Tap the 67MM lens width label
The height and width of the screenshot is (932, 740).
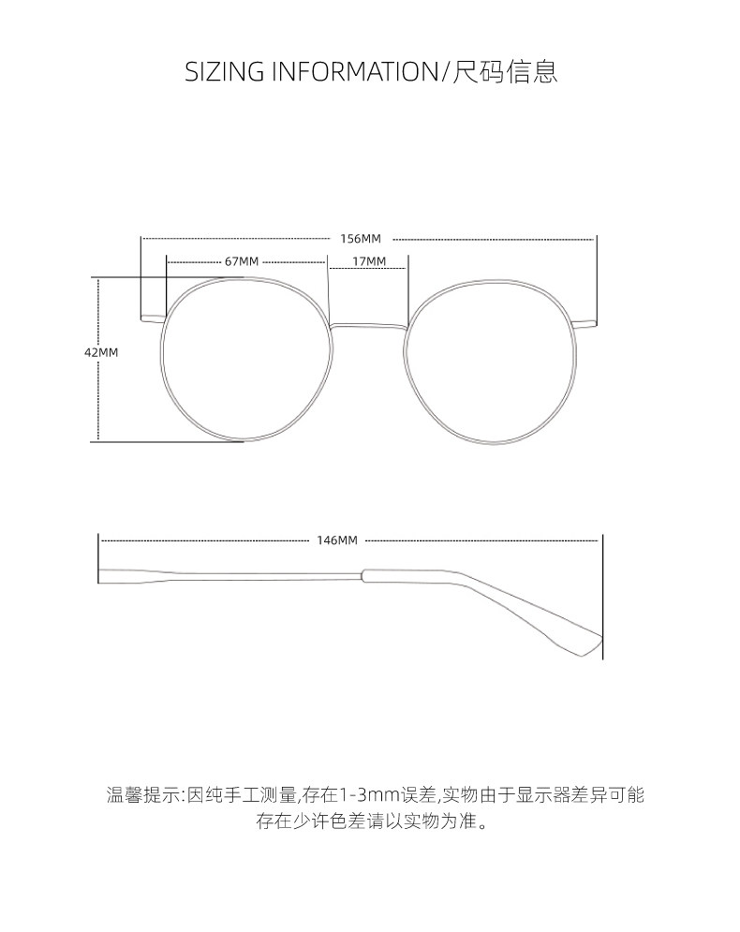tap(242, 261)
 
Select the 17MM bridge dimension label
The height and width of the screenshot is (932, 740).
tap(369, 261)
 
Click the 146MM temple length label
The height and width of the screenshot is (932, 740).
tap(337, 540)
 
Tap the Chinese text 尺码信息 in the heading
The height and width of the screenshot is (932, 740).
tap(506, 72)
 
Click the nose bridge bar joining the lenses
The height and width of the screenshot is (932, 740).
tap(369, 326)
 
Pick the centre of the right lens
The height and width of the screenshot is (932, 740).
tap(490, 361)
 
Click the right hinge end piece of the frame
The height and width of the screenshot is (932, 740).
tap(585, 324)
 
